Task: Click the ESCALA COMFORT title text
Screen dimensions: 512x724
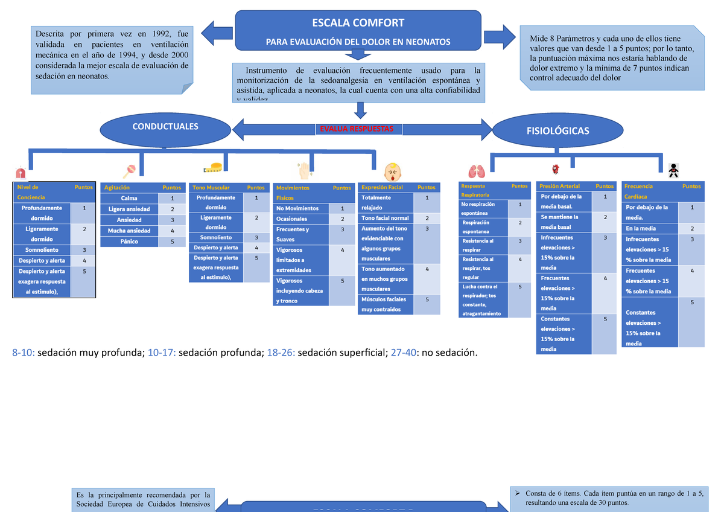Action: pyautogui.click(x=358, y=23)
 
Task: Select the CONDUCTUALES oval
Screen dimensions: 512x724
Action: pyautogui.click(x=165, y=127)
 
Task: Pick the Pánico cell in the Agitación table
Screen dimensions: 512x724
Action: pyautogui.click(x=129, y=242)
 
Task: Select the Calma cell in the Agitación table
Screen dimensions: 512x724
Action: pyautogui.click(x=129, y=198)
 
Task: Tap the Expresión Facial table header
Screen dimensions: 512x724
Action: pyautogui.click(x=382, y=188)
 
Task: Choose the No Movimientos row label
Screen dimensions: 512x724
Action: pyautogui.click(x=297, y=208)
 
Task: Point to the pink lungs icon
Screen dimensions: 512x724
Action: pyautogui.click(x=477, y=171)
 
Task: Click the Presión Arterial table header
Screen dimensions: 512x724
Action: pyautogui.click(x=560, y=186)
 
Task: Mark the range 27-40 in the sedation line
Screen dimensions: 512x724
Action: pyautogui.click(x=402, y=352)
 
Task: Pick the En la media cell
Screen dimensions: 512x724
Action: pyautogui.click(x=641, y=228)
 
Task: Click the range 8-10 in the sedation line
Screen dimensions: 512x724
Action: pyautogui.click(x=23, y=352)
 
